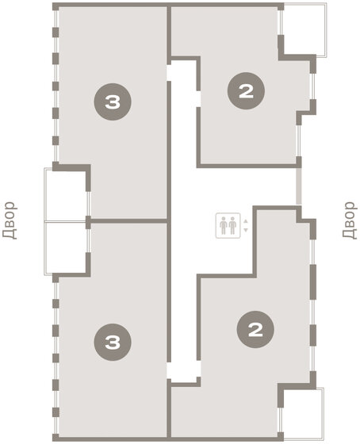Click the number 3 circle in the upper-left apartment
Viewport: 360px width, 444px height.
click(x=112, y=102)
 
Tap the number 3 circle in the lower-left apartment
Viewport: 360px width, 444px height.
click(x=112, y=343)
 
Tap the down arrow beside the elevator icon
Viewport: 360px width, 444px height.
click(x=246, y=230)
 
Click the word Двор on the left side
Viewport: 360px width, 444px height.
click(x=10, y=222)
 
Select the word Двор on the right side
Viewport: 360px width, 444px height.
click(x=350, y=222)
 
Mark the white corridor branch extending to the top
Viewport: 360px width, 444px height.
click(x=182, y=111)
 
